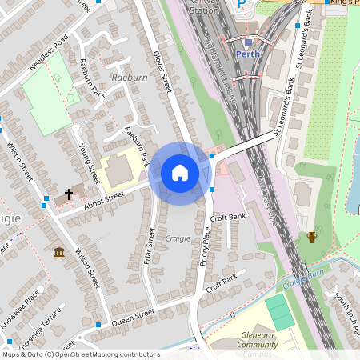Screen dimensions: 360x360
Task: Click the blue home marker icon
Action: (179, 173)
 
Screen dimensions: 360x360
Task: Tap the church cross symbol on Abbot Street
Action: (69, 194)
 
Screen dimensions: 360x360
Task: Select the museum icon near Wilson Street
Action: (59, 253)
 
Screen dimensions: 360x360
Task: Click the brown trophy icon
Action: (311, 238)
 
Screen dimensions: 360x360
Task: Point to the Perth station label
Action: (249, 54)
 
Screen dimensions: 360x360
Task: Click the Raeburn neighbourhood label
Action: (130, 78)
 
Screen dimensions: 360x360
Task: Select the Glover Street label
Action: (162, 72)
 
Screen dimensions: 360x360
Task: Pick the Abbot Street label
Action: (105, 199)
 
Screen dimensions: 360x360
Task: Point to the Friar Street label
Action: (149, 246)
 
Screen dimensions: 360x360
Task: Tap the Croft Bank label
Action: (226, 218)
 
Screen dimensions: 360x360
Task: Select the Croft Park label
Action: (221, 281)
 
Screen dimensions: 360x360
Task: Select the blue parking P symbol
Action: (242, 5)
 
